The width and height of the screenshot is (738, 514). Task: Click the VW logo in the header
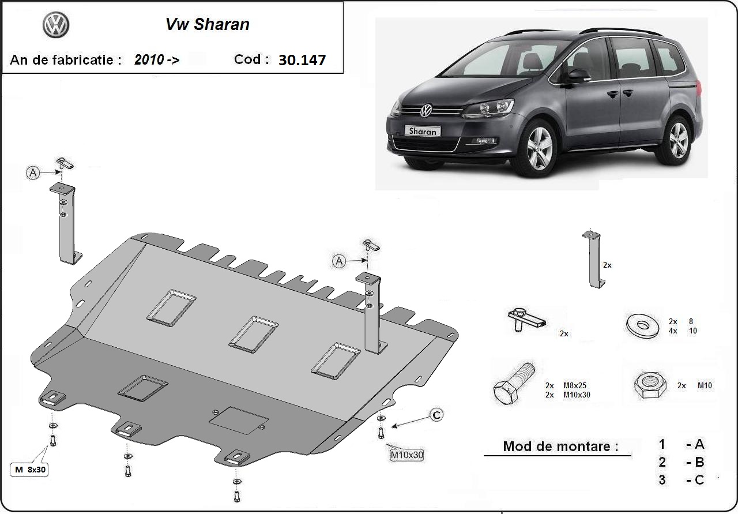coord(56,25)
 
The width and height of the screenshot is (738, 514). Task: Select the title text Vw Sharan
coord(208,24)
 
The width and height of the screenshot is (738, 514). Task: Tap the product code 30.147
coord(302,59)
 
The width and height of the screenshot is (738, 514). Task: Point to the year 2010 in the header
coord(149,59)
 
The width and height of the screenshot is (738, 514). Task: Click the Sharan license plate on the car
coord(423,131)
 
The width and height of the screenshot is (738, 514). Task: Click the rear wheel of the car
coord(678,139)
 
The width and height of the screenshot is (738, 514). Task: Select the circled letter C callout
coord(436,415)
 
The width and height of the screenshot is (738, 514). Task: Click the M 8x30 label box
coord(29,470)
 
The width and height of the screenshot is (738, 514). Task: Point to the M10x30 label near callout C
coord(406,455)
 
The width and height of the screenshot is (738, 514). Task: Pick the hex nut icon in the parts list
coord(650,385)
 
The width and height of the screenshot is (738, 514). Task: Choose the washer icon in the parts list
coord(642,326)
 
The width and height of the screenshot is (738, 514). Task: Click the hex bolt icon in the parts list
coord(513,384)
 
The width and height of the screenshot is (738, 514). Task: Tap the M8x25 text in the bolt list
coord(575,385)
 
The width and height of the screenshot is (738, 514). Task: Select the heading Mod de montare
coord(560,447)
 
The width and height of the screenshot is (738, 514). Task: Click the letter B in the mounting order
coord(699,462)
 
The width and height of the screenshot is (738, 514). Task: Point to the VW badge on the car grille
coord(426,110)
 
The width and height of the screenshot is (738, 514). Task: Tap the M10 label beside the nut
coord(705,385)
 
